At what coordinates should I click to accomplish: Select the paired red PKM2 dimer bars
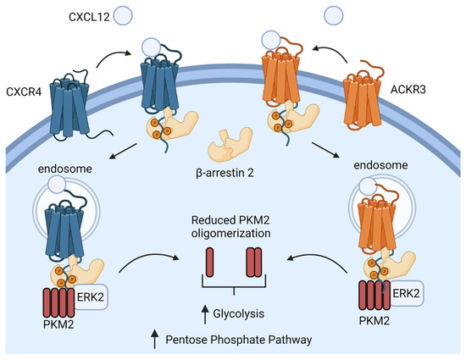tap(252, 262)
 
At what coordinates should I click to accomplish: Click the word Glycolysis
tap(241, 313)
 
